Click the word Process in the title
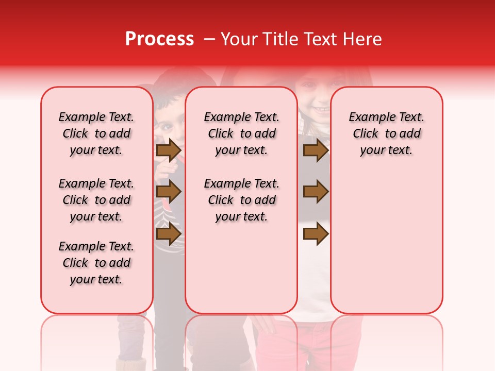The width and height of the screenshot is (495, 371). pyautogui.click(x=159, y=39)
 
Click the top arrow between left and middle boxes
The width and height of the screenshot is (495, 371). pyautogui.click(x=168, y=150)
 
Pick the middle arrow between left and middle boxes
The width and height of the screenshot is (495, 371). pyautogui.click(x=168, y=192)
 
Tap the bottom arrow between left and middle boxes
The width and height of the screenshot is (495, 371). pyautogui.click(x=168, y=233)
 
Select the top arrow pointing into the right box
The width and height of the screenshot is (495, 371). pyautogui.click(x=316, y=150)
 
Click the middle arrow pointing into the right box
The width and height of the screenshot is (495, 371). pyautogui.click(x=316, y=192)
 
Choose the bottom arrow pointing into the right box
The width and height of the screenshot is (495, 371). pyautogui.click(x=316, y=233)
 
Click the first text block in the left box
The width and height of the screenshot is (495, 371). pyautogui.click(x=96, y=133)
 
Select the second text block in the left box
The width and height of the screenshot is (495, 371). pyautogui.click(x=96, y=200)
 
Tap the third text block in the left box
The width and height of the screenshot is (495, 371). pyautogui.click(x=96, y=263)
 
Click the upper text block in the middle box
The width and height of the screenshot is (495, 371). pyautogui.click(x=241, y=133)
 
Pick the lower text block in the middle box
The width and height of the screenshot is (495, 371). pyautogui.click(x=241, y=200)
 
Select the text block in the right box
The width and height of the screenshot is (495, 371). pyautogui.click(x=386, y=133)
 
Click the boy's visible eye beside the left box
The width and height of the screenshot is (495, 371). pyautogui.click(x=168, y=125)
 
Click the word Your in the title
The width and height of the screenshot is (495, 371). pyautogui.click(x=237, y=39)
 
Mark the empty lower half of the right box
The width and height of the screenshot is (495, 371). pyautogui.click(x=386, y=247)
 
